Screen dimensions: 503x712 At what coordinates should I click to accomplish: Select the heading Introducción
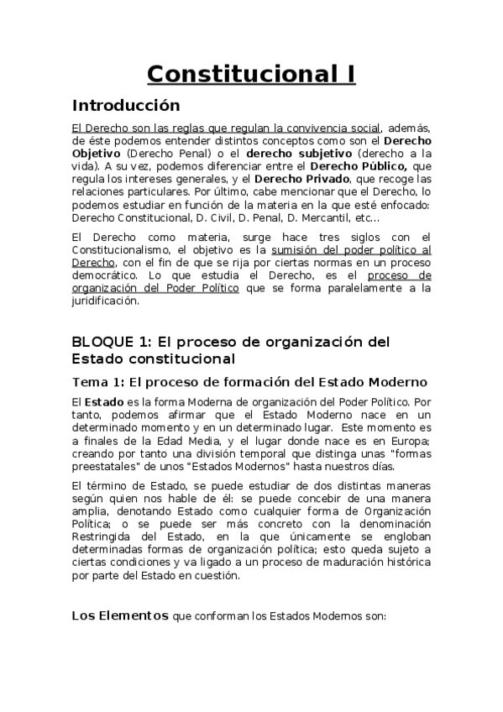(x=126, y=106)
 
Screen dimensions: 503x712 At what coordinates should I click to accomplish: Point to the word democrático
(x=106, y=275)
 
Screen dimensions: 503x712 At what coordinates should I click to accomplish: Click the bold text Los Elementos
(x=120, y=615)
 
